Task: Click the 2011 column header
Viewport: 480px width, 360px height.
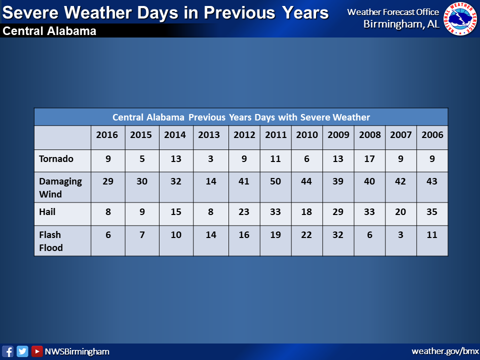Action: point(276,134)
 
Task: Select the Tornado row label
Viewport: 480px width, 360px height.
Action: point(56,158)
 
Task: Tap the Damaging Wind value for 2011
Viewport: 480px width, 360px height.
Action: point(275,181)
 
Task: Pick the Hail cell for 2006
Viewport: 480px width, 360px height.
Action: point(432,211)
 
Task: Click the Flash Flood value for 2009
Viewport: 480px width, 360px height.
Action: point(338,235)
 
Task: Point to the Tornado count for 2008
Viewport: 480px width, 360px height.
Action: point(369,158)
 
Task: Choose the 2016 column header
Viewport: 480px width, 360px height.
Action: point(107,134)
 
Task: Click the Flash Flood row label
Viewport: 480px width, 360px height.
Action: point(51,241)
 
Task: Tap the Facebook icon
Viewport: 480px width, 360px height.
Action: point(7,351)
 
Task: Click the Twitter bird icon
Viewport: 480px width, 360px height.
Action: point(22,351)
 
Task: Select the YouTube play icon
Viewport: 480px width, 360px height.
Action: point(37,351)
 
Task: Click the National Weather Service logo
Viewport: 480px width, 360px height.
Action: point(460,19)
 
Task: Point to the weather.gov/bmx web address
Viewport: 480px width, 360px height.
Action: point(445,351)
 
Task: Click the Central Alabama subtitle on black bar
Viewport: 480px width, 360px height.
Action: point(49,31)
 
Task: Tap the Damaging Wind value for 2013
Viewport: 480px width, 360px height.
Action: point(211,181)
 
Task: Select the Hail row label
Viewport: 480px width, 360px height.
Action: point(47,211)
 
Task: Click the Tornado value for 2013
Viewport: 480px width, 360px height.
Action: point(210,158)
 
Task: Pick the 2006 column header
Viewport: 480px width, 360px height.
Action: point(432,134)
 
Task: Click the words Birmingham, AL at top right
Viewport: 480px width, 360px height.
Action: point(401,24)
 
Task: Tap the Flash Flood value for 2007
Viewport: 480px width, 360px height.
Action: point(400,235)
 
